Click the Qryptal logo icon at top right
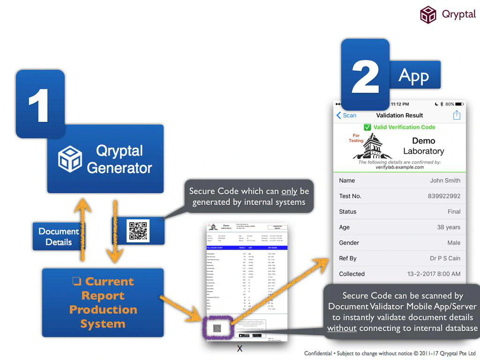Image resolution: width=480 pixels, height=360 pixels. [428, 15]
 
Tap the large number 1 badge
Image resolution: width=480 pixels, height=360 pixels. [40, 104]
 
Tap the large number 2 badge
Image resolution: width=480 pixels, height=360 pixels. [365, 75]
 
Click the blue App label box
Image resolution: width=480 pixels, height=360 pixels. [414, 75]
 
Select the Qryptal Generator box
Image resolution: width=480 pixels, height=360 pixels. [105, 159]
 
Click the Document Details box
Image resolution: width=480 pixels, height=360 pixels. [59, 236]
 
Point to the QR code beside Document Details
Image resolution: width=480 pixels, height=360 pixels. [138, 231]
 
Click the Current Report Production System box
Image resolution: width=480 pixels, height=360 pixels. [103, 302]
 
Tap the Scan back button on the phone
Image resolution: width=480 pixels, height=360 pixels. [346, 115]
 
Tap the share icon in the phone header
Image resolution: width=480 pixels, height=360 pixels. [457, 115]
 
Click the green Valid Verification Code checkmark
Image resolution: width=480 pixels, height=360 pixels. [367, 127]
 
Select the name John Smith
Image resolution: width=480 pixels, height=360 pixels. [445, 180]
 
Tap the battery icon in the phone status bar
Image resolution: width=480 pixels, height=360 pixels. [459, 104]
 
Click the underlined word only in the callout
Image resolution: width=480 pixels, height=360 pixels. [289, 191]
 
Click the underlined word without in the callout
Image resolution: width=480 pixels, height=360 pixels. [342, 328]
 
